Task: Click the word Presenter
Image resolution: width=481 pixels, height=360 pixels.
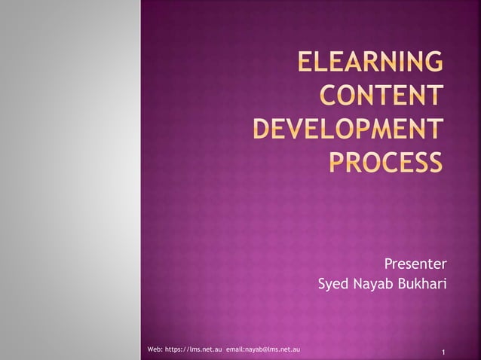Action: pyautogui.click(x=415, y=264)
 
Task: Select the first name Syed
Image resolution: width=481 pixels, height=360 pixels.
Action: pyautogui.click(x=333, y=285)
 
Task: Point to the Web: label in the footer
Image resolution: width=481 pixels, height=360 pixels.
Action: pyautogui.click(x=155, y=349)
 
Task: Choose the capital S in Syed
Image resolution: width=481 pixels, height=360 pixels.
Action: pyautogui.click(x=323, y=284)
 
